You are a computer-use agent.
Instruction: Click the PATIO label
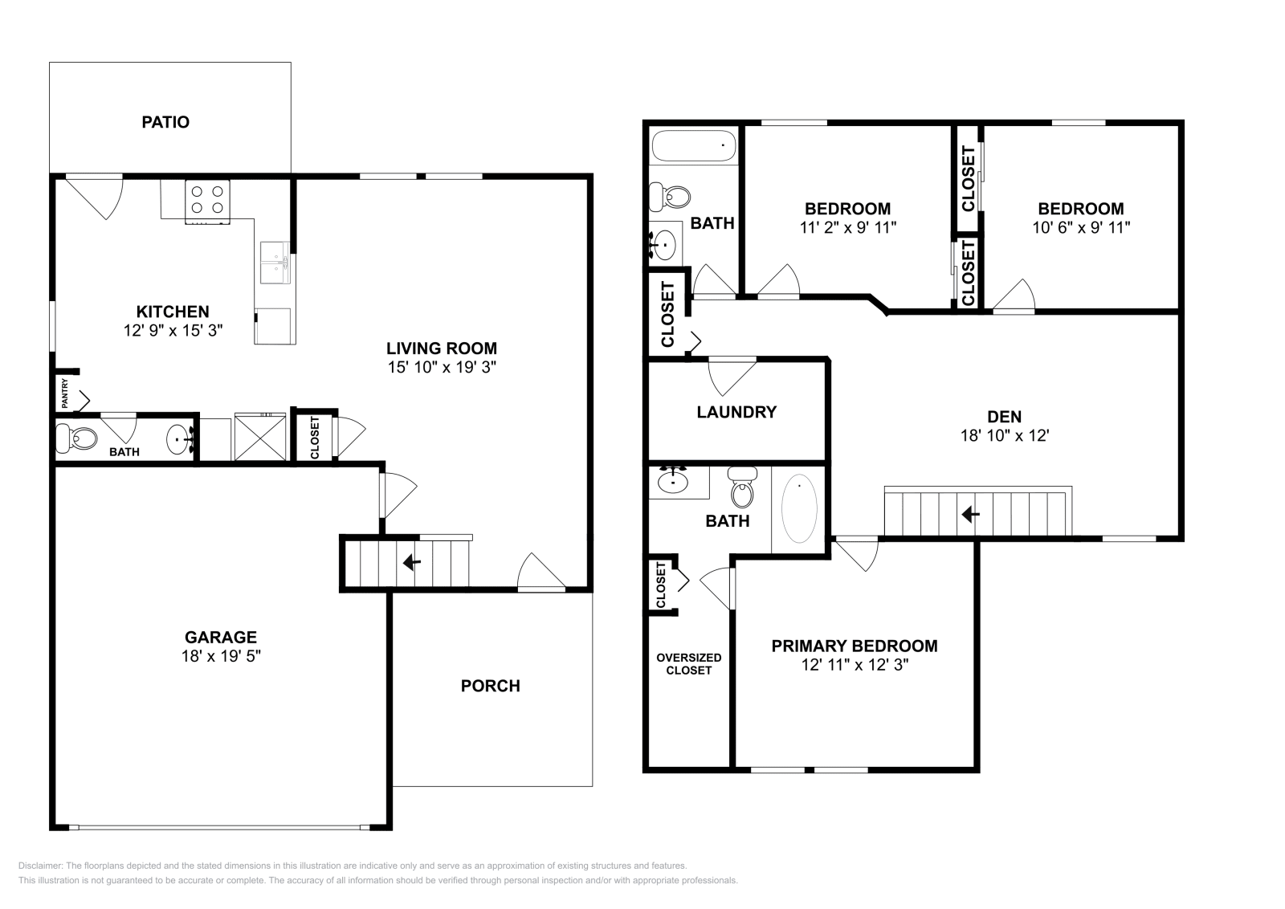[165, 123]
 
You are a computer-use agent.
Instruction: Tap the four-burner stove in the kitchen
[207, 200]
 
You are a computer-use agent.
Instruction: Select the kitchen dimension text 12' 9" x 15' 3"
[173, 329]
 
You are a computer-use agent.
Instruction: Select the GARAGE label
[221, 638]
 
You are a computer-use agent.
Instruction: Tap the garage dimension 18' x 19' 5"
[221, 656]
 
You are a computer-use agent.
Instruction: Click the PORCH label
[490, 686]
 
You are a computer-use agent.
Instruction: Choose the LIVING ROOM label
[442, 349]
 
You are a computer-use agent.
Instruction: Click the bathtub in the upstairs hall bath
[694, 145]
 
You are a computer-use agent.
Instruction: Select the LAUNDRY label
[736, 413]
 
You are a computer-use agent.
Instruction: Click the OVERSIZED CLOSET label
[688, 663]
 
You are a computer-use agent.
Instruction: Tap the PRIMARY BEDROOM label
[855, 646]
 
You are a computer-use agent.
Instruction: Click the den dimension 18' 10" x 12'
[1005, 436]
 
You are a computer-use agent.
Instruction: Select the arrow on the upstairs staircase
[970, 513]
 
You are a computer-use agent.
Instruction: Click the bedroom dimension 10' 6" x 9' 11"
[1081, 227]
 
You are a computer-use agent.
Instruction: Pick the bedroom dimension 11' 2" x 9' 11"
[848, 227]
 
